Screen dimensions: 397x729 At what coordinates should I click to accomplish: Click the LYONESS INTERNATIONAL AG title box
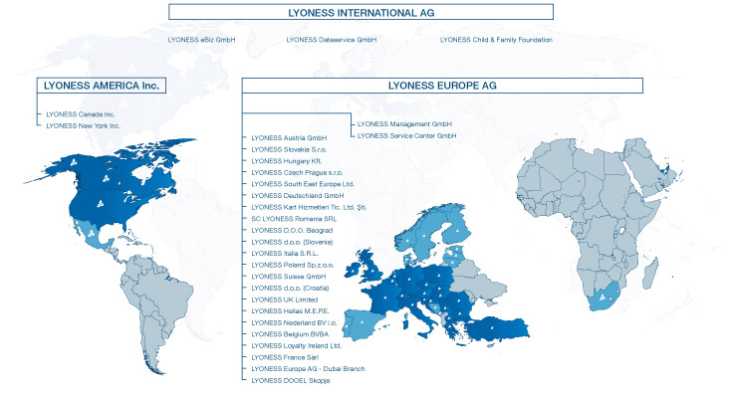pyautogui.click(x=360, y=13)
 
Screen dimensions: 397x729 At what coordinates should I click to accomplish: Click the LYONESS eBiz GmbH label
pyautogui.click(x=203, y=40)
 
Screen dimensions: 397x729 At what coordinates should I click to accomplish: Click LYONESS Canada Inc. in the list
pyautogui.click(x=83, y=114)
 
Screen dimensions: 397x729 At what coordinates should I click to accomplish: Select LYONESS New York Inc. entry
pyautogui.click(x=85, y=126)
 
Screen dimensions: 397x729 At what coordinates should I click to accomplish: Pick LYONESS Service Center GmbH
pyautogui.click(x=406, y=135)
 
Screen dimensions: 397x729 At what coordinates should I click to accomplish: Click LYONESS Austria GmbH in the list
pyautogui.click(x=290, y=137)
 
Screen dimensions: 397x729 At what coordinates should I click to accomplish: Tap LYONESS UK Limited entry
pyautogui.click(x=286, y=299)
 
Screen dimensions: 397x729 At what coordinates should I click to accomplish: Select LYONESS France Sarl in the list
pyautogui.click(x=287, y=357)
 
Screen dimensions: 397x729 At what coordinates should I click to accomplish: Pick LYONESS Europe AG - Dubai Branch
pyautogui.click(x=308, y=369)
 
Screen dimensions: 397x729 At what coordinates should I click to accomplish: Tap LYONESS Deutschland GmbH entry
pyautogui.click(x=298, y=195)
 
